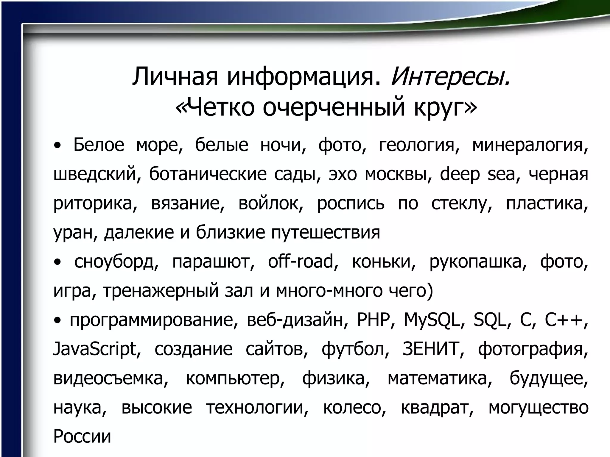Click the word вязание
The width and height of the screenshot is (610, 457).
pyautogui.click(x=187, y=204)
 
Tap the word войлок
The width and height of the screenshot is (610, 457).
pyautogui.click(x=271, y=204)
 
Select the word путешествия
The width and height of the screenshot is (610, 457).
pyautogui.click(x=326, y=233)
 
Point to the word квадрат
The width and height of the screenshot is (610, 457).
pyautogui.click(x=437, y=408)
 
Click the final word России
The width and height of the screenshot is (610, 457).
pyautogui.click(x=82, y=436)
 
